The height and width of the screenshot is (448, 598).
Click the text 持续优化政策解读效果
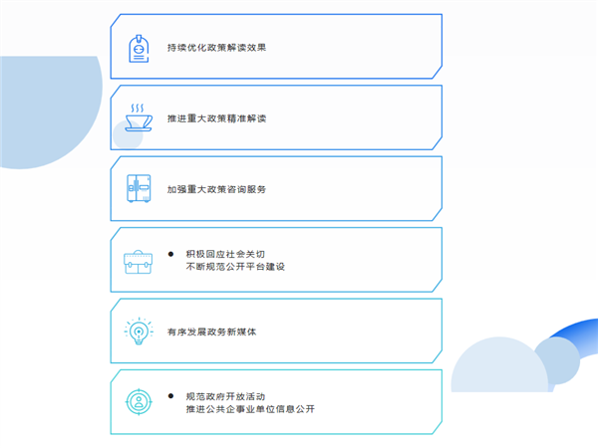(216, 47)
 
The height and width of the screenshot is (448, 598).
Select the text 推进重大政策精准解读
(216, 118)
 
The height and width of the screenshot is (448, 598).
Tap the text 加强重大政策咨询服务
(216, 189)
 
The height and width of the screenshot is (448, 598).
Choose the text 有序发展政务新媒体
(212, 332)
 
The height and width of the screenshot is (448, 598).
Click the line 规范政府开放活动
(224, 395)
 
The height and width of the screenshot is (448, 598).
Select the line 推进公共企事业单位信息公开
(249, 408)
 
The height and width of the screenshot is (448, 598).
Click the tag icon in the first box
(138, 49)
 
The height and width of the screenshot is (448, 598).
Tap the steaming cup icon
(138, 119)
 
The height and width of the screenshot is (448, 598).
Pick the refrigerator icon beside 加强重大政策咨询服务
(138, 189)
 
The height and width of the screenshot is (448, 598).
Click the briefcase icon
(138, 262)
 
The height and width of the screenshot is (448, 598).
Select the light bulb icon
(138, 332)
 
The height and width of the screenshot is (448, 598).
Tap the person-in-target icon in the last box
(138, 402)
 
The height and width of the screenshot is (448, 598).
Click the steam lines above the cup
(138, 107)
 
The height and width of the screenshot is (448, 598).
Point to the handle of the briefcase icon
(138, 251)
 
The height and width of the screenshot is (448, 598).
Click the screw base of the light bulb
(138, 343)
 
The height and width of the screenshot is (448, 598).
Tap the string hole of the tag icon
(138, 37)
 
